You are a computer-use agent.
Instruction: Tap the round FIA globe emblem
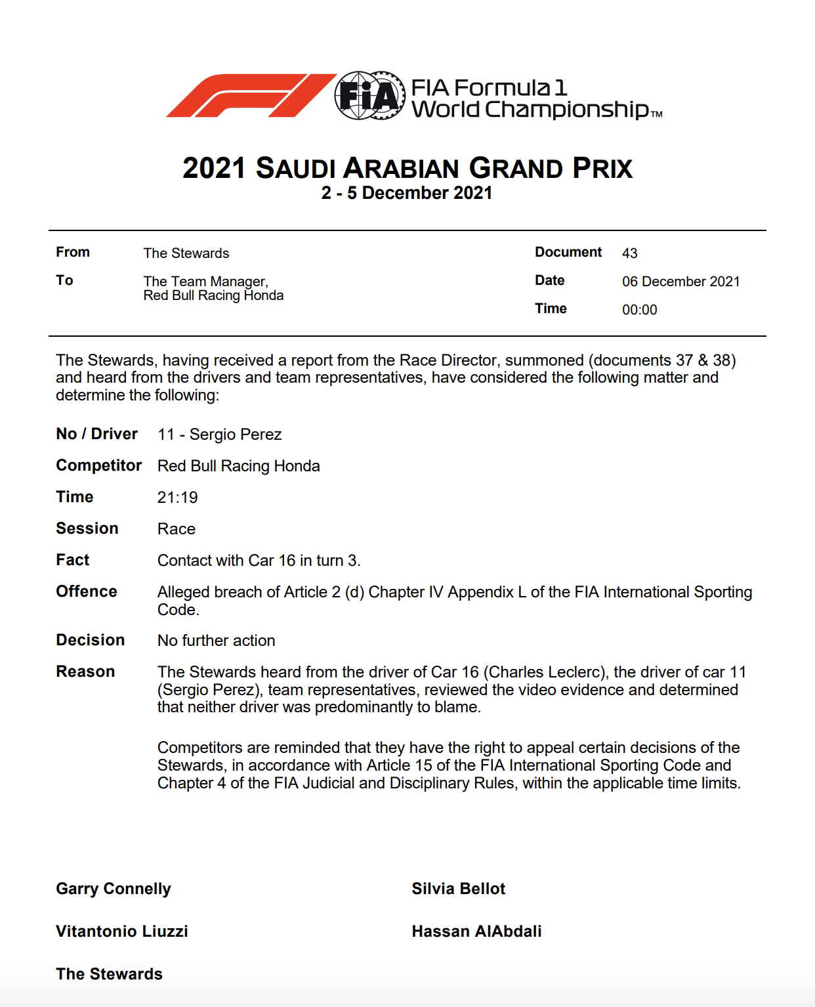tap(369, 96)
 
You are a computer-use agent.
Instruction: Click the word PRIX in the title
tap(602, 169)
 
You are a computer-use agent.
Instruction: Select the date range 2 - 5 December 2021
tap(407, 193)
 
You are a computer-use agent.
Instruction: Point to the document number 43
tap(630, 253)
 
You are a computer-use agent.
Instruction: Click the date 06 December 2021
tap(680, 282)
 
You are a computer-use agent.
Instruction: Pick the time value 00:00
tap(639, 310)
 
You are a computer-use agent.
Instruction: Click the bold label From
tap(73, 252)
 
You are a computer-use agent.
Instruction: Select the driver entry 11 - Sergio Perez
tap(219, 435)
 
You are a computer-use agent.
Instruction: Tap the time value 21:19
tap(177, 498)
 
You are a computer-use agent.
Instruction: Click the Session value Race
tap(177, 529)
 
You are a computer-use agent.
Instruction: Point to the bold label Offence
tap(87, 591)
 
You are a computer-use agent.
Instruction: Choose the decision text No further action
tap(216, 641)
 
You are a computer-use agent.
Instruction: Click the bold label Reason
tap(85, 672)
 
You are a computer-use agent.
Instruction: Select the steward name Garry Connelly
tap(114, 889)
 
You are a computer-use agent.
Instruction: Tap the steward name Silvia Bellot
tap(459, 889)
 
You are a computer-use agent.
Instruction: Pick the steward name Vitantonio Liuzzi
tap(122, 932)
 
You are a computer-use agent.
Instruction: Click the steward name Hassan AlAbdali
tap(476, 932)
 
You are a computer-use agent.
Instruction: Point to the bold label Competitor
tap(98, 465)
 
